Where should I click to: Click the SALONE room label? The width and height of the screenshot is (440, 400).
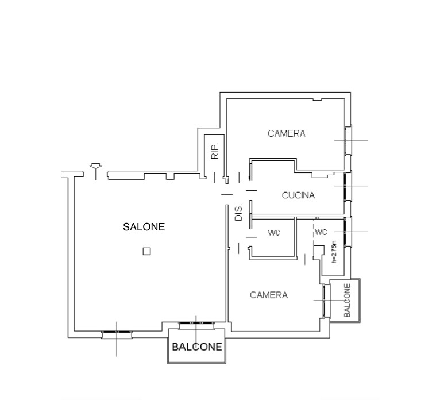(x=144, y=227)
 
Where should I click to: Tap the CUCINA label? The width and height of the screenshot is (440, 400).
(x=298, y=195)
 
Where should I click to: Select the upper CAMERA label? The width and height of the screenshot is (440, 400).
(x=286, y=133)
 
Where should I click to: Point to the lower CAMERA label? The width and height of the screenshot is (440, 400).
(x=269, y=295)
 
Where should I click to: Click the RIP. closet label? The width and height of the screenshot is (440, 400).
(x=215, y=152)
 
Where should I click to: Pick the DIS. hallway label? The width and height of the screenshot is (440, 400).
(x=238, y=213)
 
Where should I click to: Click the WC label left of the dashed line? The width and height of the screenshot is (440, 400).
(x=274, y=233)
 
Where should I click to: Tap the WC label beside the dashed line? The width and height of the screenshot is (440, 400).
(x=321, y=232)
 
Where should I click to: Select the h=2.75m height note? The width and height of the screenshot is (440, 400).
(x=334, y=252)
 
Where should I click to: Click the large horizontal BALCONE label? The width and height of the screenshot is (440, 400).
(x=197, y=347)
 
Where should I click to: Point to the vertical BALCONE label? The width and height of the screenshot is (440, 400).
(x=347, y=301)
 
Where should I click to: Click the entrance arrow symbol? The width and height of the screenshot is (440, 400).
(x=96, y=171)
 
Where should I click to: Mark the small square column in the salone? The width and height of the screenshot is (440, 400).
(x=146, y=251)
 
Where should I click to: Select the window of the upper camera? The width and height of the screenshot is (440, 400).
(x=348, y=140)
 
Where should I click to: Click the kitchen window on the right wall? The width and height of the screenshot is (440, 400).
(x=348, y=186)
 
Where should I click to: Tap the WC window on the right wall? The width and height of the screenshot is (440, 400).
(x=348, y=232)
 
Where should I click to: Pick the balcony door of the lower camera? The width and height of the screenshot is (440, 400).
(x=326, y=301)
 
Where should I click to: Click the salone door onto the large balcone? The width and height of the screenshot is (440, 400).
(x=196, y=326)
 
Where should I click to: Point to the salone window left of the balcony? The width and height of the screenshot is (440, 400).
(x=117, y=334)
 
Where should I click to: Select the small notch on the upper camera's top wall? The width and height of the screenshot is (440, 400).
(x=317, y=99)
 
